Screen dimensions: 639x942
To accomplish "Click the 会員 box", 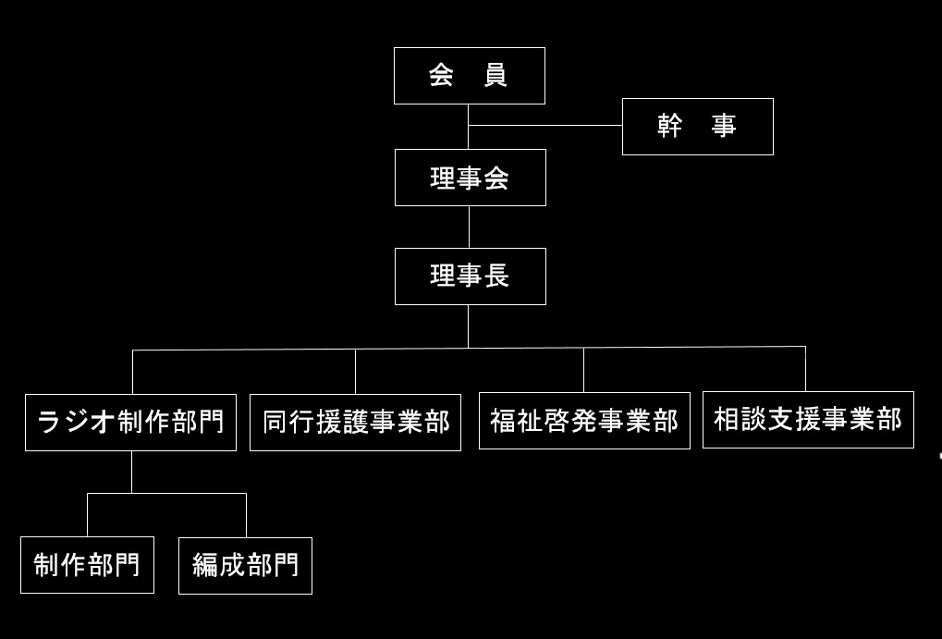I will click(469, 76).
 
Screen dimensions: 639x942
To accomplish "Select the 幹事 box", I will click(697, 127).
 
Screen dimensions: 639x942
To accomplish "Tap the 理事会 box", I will click(470, 178).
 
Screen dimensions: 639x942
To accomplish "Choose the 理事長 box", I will click(470, 276).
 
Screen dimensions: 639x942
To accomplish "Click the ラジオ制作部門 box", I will click(130, 423).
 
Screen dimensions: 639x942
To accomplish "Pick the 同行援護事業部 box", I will click(355, 423).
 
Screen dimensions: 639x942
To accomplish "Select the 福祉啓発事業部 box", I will click(584, 421).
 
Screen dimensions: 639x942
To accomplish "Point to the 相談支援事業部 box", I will click(808, 420).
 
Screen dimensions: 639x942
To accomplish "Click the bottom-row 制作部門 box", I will click(87, 565).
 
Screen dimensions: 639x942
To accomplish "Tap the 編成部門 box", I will click(245, 565).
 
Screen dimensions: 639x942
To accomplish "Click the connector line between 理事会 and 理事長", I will click(469, 227).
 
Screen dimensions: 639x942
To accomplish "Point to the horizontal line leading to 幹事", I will click(545, 125).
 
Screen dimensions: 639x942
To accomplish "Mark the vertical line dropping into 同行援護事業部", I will click(355, 372).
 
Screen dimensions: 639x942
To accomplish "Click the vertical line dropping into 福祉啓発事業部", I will click(583, 370).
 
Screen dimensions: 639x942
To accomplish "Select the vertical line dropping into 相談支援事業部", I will click(805, 369).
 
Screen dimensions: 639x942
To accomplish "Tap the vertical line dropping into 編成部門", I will click(246, 515).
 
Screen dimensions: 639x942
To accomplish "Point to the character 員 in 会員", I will click(495, 76).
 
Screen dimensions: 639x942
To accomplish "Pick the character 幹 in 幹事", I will click(669, 127).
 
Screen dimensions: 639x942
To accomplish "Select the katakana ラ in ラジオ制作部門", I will click(49, 423).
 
